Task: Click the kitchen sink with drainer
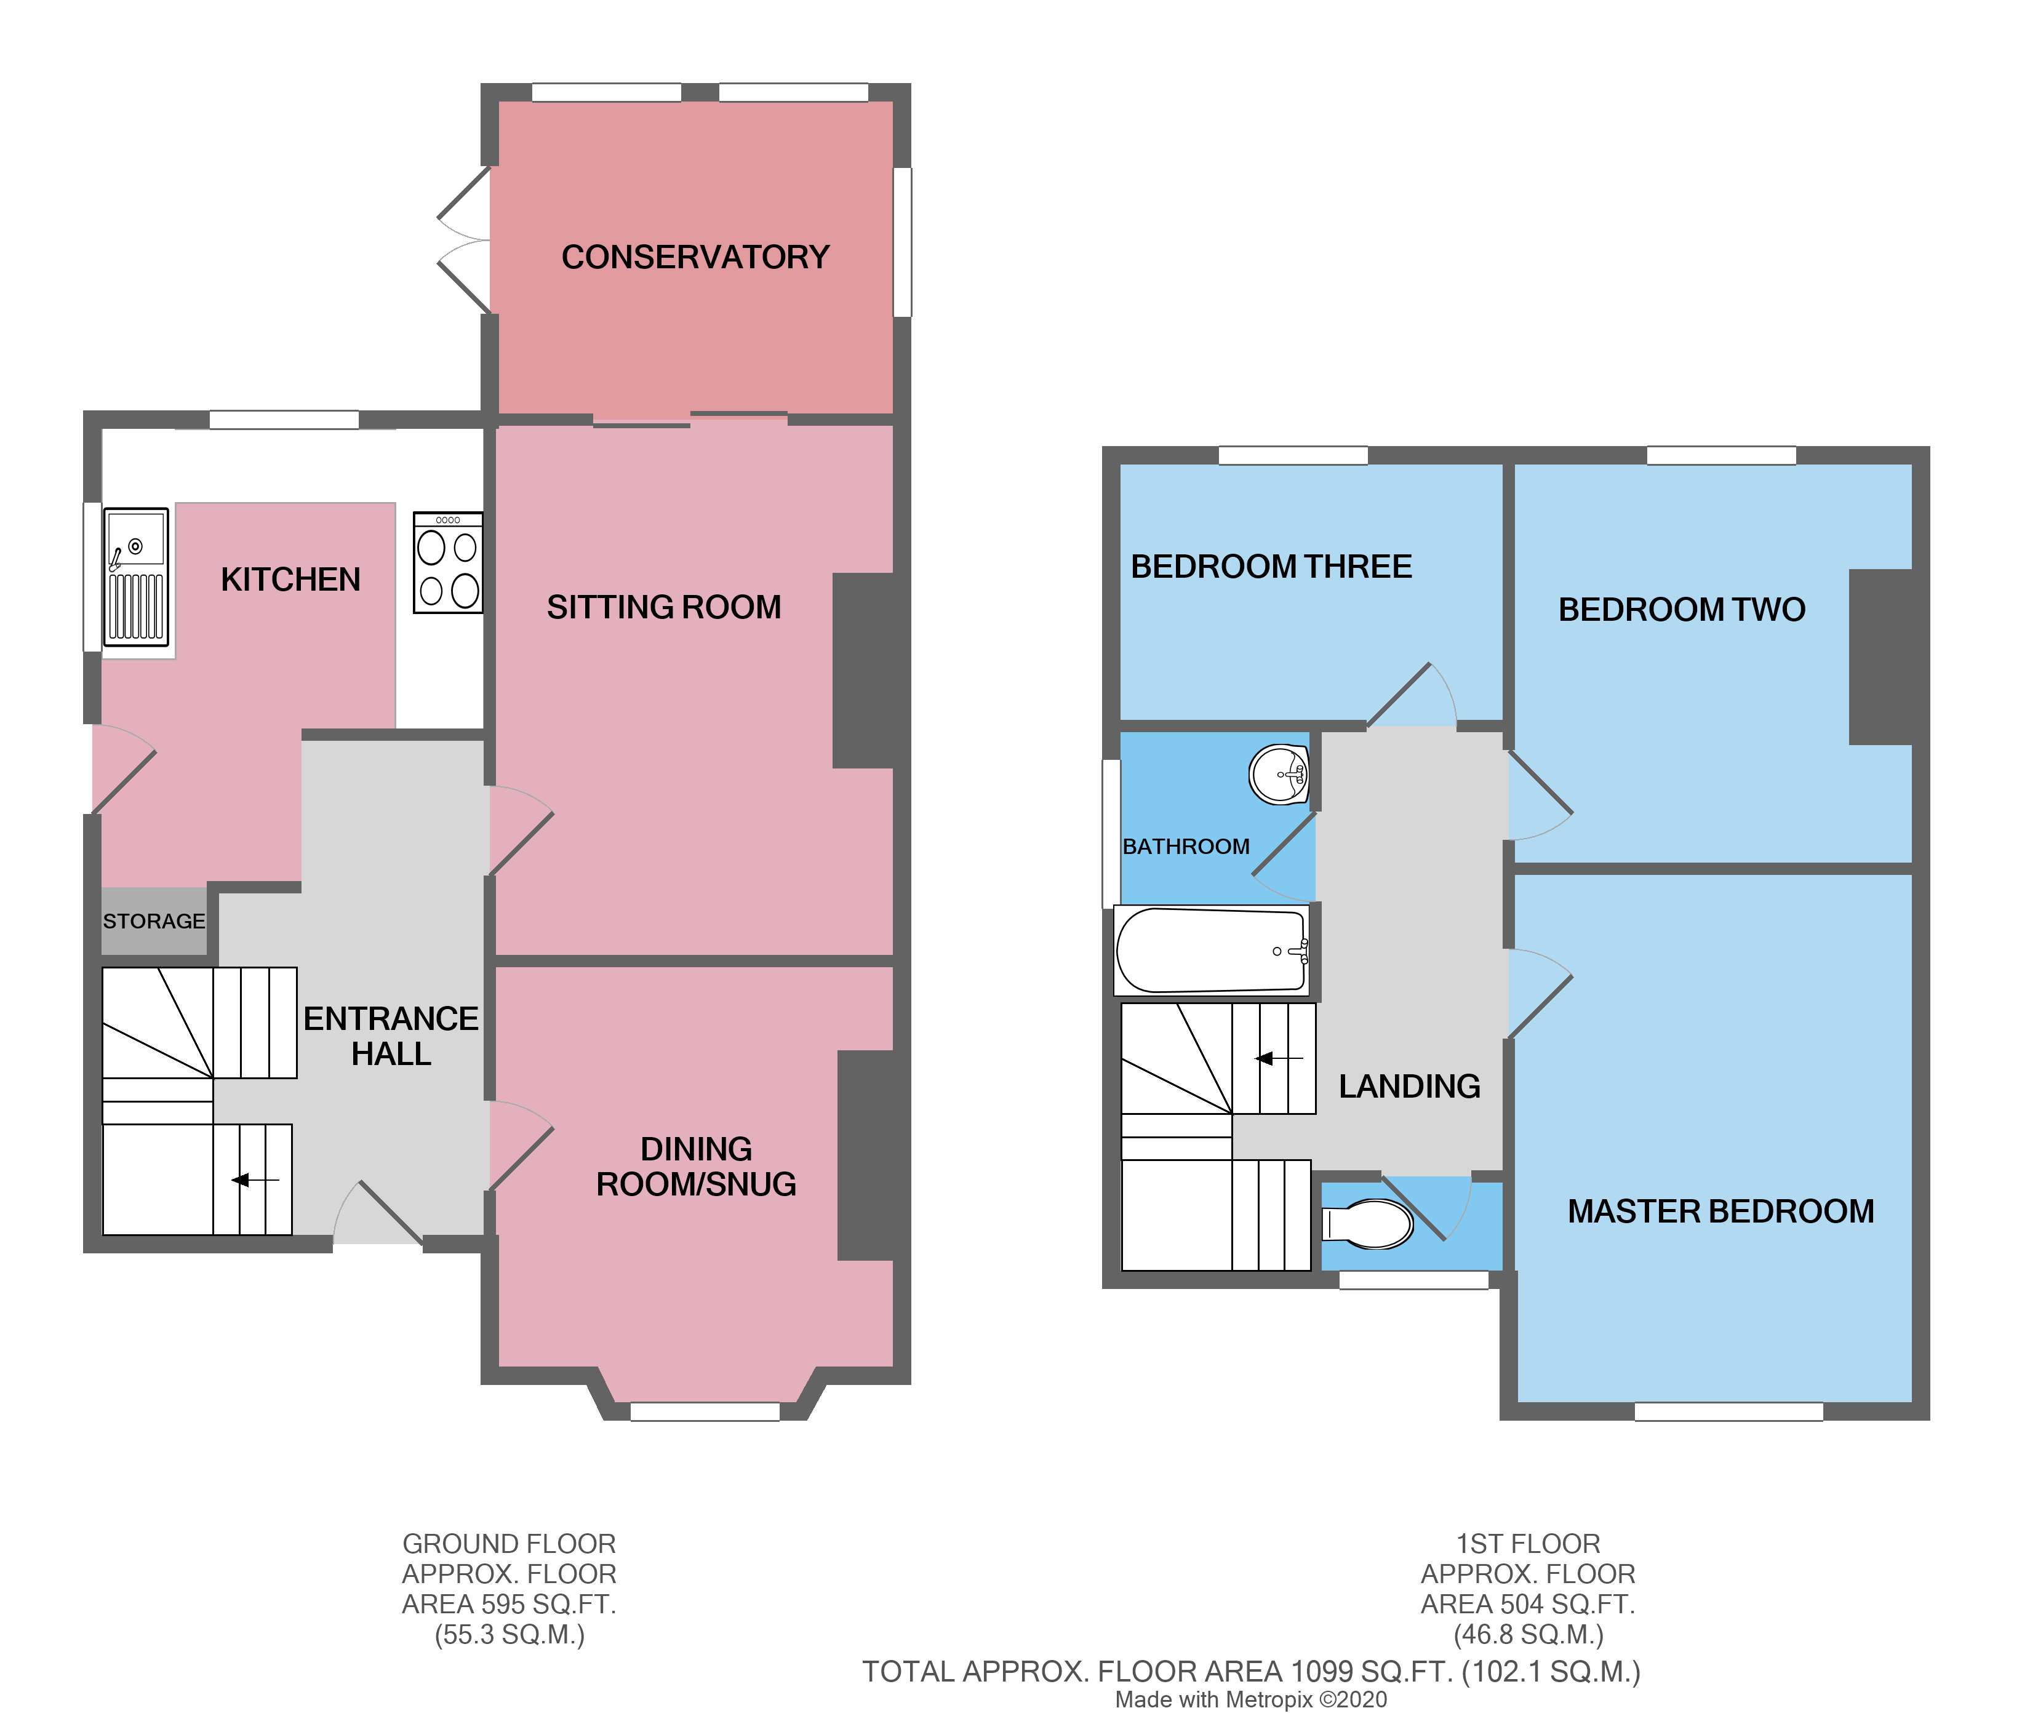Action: click(x=136, y=577)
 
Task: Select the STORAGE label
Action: click(x=154, y=921)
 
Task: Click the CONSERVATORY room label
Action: click(x=695, y=257)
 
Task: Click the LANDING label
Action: click(x=1409, y=1085)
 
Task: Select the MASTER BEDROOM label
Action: click(x=1720, y=1211)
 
